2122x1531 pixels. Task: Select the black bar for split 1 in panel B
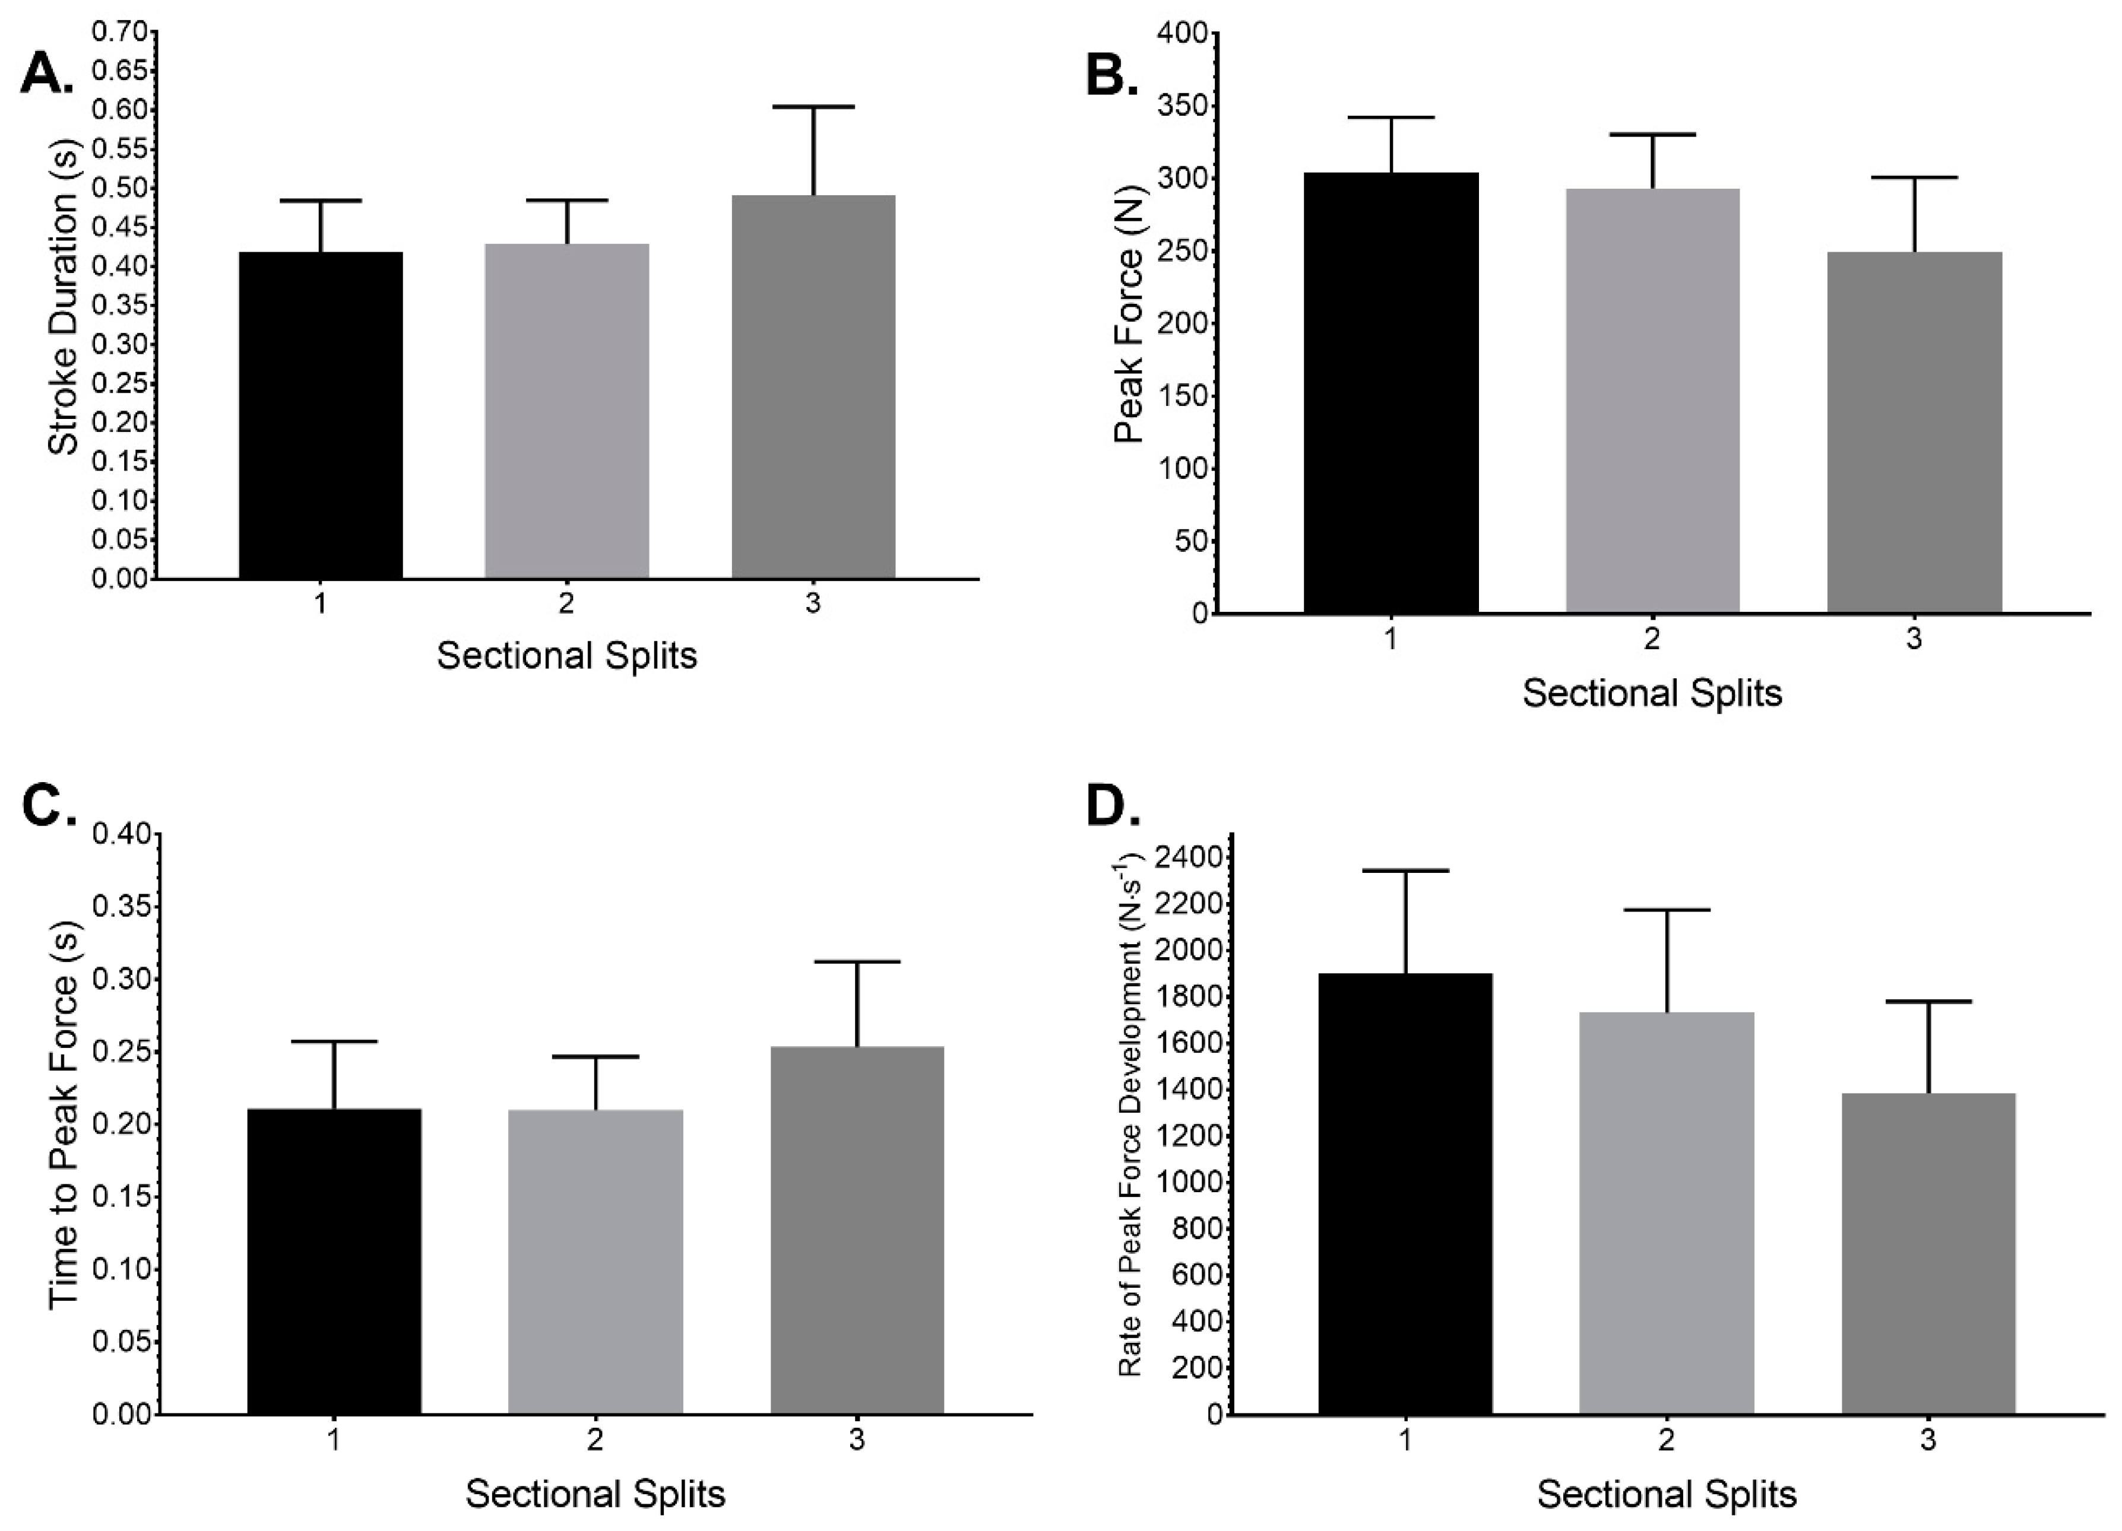tap(1391, 393)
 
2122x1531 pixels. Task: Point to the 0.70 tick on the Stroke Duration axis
tap(120, 33)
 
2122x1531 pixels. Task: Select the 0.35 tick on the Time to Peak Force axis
tap(120, 907)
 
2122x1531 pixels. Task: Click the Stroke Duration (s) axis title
tap(64, 297)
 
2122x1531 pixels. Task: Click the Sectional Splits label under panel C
tap(595, 1494)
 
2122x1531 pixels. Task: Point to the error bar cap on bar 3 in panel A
tap(812, 107)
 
